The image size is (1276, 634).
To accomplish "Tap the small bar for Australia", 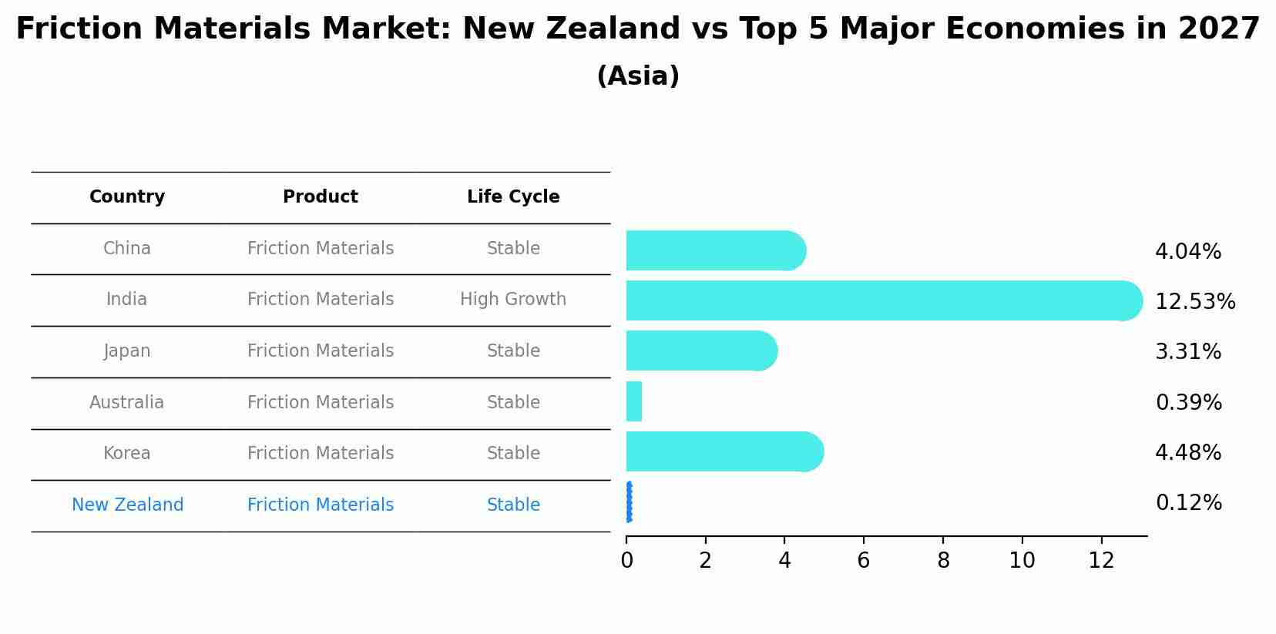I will coord(634,401).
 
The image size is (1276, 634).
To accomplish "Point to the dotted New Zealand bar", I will coord(630,502).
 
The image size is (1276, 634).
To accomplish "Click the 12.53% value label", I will coord(1195,301).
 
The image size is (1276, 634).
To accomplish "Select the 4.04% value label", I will coord(1188,252).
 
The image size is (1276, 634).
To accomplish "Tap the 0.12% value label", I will coord(1188,503).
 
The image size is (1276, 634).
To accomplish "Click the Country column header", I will coord(127,197).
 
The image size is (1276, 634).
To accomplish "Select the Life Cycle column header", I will coord(513,197).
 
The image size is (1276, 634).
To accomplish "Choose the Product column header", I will coord(321,197).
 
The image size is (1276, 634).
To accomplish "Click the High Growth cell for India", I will coord(513,300).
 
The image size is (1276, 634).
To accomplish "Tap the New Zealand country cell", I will coord(128,505).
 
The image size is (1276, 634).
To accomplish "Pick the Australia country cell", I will coord(127,403).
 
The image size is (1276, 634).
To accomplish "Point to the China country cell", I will coord(127,249).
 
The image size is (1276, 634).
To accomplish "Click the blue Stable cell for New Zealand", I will coord(513,505).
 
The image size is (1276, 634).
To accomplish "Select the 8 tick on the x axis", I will coord(943,561).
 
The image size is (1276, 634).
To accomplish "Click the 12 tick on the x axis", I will coord(1102,561).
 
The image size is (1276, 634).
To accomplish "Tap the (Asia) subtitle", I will coord(638,76).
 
